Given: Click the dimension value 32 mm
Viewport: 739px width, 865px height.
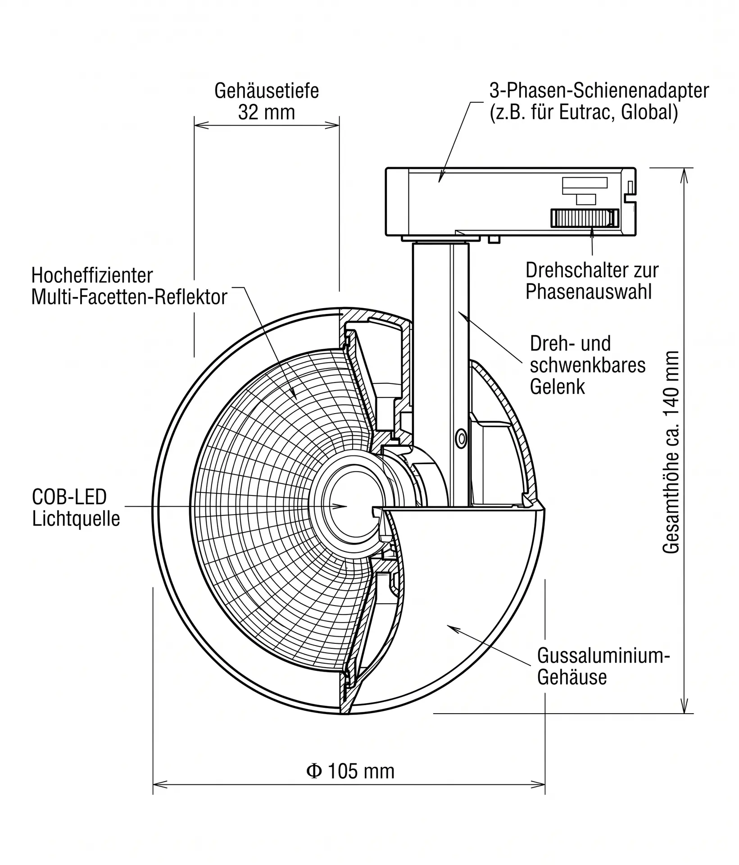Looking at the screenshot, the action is tap(267, 112).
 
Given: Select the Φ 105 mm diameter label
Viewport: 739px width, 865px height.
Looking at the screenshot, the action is tap(350, 771).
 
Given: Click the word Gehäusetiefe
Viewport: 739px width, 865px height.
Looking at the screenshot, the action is tap(267, 91).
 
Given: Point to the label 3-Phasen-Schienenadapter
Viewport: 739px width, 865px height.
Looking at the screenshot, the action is tap(599, 91).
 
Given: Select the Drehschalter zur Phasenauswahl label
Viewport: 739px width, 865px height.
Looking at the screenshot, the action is tap(592, 281).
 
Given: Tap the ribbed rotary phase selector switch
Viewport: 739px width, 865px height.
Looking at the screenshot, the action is tap(585, 218).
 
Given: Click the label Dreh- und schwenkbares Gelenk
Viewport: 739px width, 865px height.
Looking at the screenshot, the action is tap(588, 365).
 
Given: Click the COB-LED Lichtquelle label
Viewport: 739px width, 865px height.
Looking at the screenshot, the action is tap(76, 508).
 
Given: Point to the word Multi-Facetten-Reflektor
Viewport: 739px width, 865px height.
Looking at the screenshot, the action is tap(129, 297).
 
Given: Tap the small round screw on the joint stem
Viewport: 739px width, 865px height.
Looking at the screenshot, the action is tap(461, 438).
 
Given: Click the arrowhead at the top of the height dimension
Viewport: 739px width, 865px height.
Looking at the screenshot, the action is tap(684, 175).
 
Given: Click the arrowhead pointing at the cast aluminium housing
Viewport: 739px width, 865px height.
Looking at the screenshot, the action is tap(452, 628).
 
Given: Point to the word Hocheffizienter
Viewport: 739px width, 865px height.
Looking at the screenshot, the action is tap(92, 275).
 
